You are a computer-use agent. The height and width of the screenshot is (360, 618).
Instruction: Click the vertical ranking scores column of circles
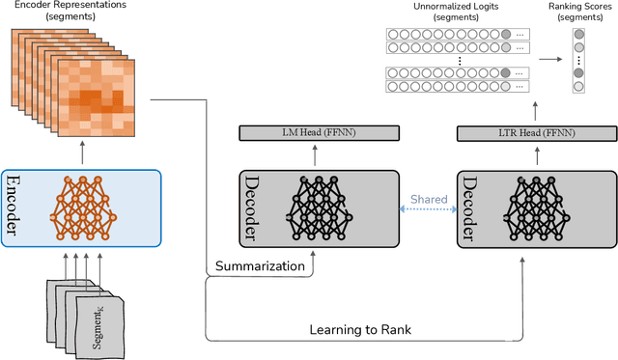click(x=578, y=60)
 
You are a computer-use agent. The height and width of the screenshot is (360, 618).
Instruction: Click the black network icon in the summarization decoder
click(x=319, y=209)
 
